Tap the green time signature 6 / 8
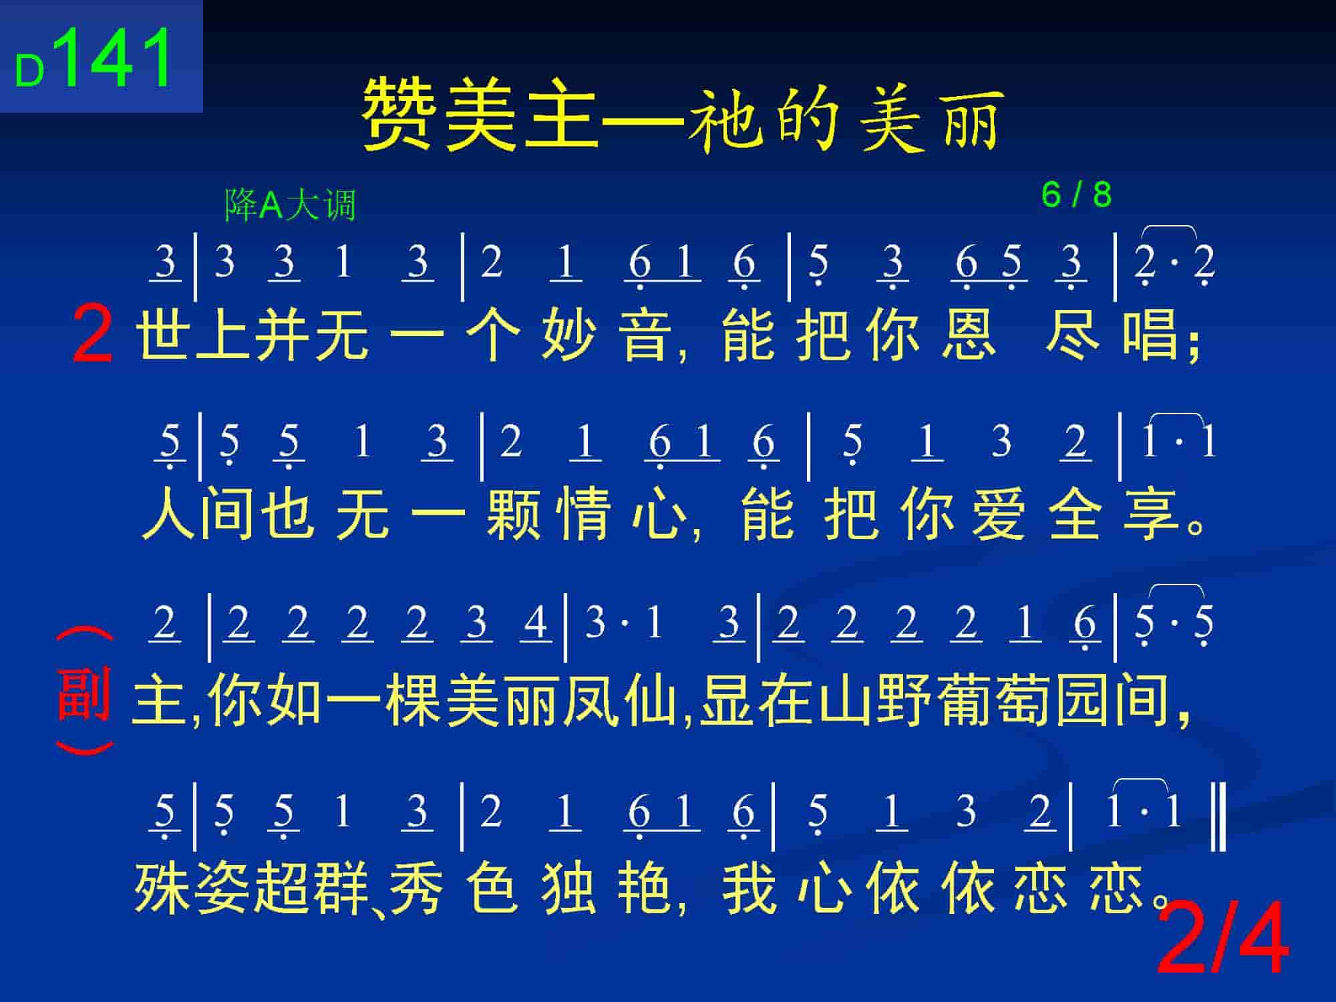tap(1076, 195)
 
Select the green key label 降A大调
tap(290, 204)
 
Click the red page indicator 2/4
tap(1222, 938)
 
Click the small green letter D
tap(29, 71)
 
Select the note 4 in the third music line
tap(535, 623)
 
